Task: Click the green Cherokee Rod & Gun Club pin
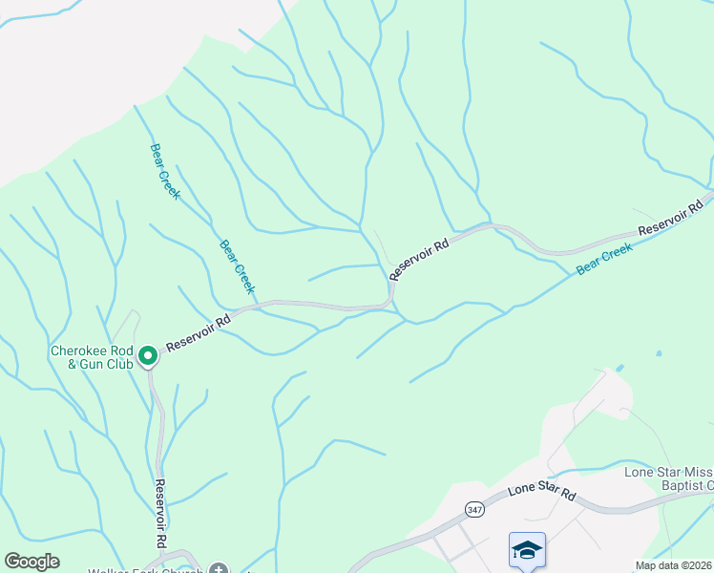[x=148, y=356]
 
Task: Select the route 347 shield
[x=474, y=509]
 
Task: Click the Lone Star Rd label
[x=542, y=492]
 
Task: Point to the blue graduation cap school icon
[x=527, y=551]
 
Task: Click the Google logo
[x=31, y=562]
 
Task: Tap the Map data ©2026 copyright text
[x=674, y=565]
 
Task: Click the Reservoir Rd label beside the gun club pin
[x=199, y=334]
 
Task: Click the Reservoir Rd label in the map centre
[x=419, y=260]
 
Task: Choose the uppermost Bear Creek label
[x=164, y=171]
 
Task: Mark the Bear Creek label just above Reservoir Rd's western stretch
[x=238, y=265]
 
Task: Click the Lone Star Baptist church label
[x=668, y=478]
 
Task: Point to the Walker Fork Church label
[x=153, y=570]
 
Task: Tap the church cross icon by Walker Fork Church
[x=219, y=569]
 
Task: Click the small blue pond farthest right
[x=658, y=354]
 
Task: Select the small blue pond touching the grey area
[x=620, y=367]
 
